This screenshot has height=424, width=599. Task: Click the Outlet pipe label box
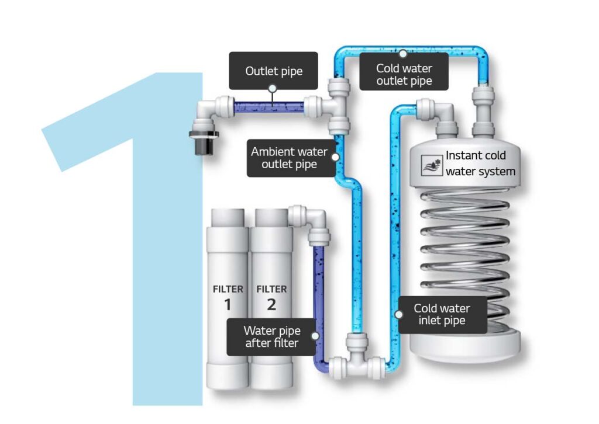[273, 71]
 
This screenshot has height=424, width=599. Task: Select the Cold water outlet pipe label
[404, 74]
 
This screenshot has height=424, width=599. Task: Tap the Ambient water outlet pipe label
[289, 158]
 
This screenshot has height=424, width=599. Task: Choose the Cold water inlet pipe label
[442, 314]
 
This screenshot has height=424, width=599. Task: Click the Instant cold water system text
[480, 164]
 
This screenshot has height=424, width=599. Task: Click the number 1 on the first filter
[227, 304]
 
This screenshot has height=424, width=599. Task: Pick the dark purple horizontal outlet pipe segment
[268, 107]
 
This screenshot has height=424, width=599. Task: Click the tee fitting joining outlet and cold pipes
[335, 106]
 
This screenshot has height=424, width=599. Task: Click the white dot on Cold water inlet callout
[399, 314]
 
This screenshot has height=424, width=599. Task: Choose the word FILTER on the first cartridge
[227, 289]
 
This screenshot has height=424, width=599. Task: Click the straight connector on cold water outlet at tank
[483, 111]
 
